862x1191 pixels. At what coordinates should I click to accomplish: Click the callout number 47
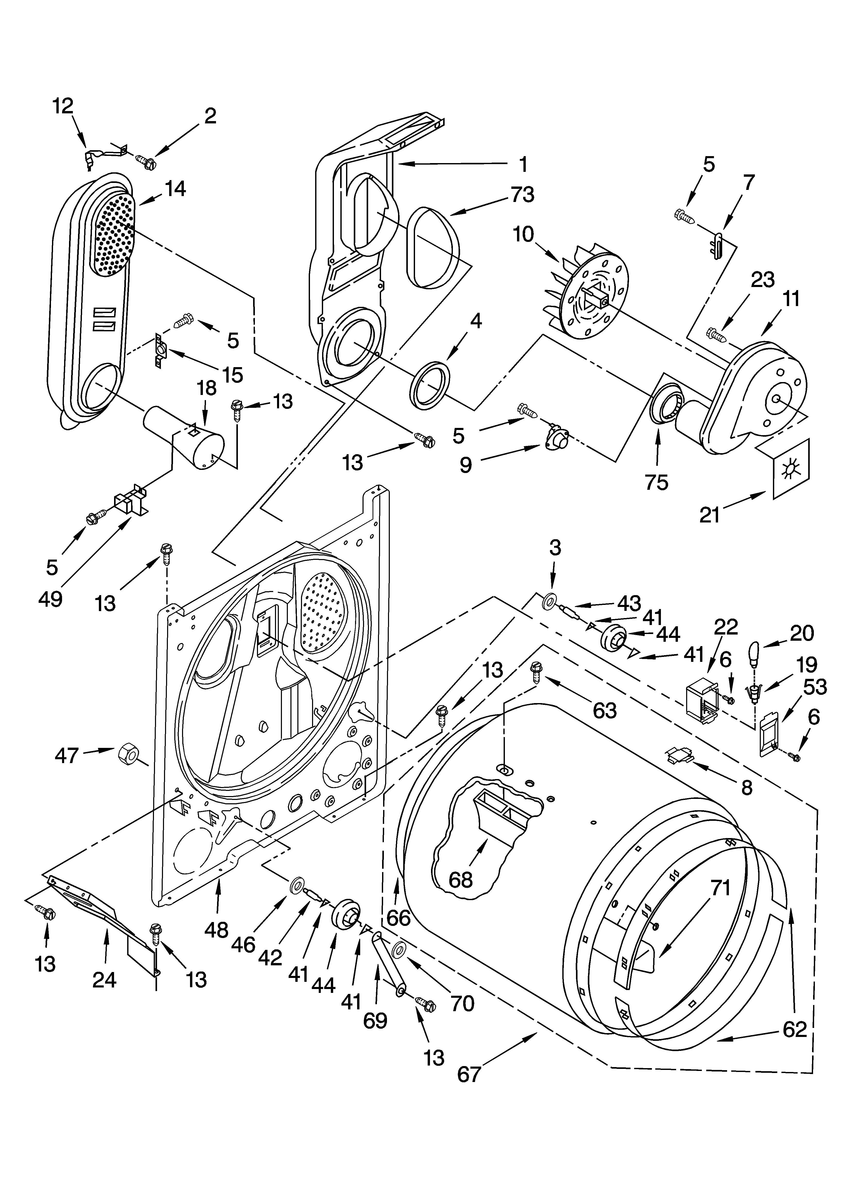coord(67,756)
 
